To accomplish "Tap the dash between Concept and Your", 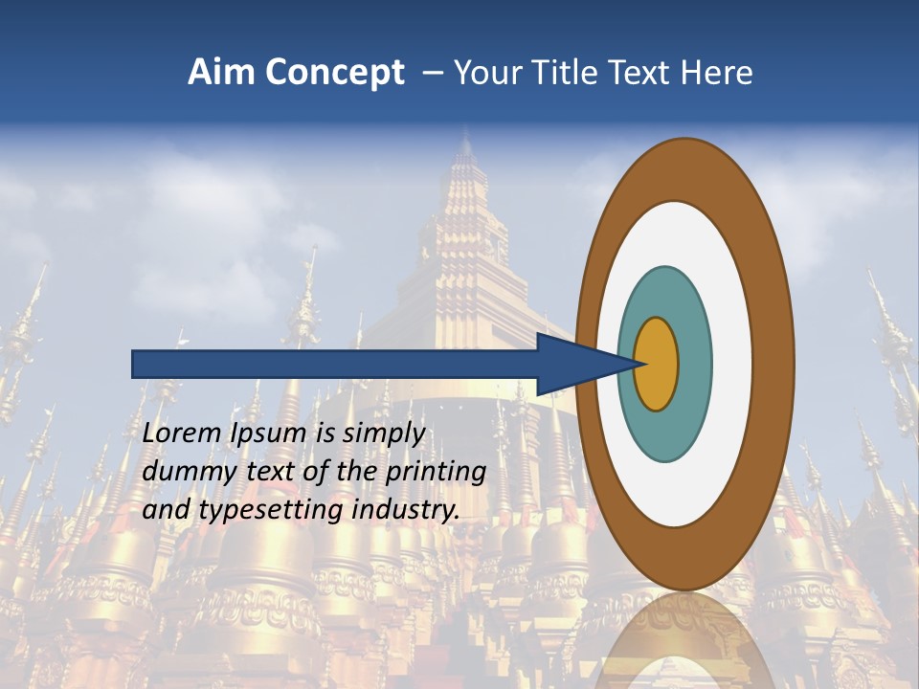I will coord(432,74).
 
